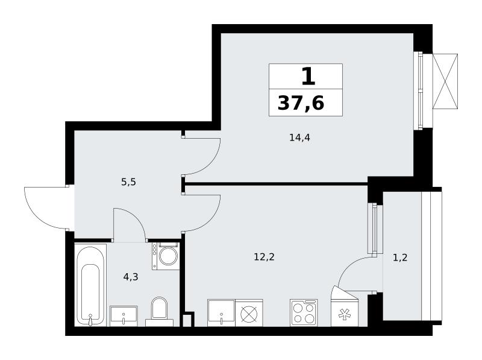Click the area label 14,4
[x=299, y=138]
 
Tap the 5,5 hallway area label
[x=128, y=183]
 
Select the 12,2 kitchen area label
[x=264, y=257]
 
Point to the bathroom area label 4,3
[x=131, y=277]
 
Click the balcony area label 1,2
[x=400, y=257]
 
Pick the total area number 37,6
[x=301, y=103]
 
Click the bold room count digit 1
[x=308, y=77]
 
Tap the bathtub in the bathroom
[x=91, y=285]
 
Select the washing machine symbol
[x=166, y=256]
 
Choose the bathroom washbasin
[x=124, y=316]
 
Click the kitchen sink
[x=221, y=312]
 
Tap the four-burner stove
[x=304, y=312]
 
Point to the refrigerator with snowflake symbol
[x=345, y=309]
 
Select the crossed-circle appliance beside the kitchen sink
[x=249, y=312]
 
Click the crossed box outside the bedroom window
[x=445, y=81]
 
